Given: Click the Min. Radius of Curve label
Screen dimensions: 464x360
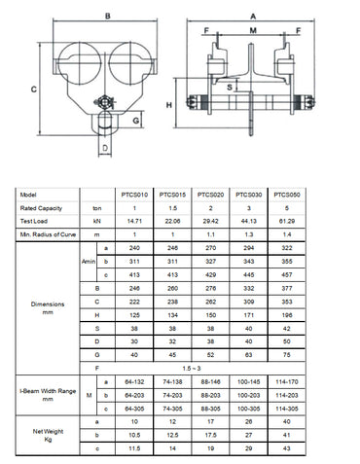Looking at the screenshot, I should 49,235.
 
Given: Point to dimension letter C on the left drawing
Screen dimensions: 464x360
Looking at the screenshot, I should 33,88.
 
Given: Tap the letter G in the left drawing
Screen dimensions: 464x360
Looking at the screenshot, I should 135,120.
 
